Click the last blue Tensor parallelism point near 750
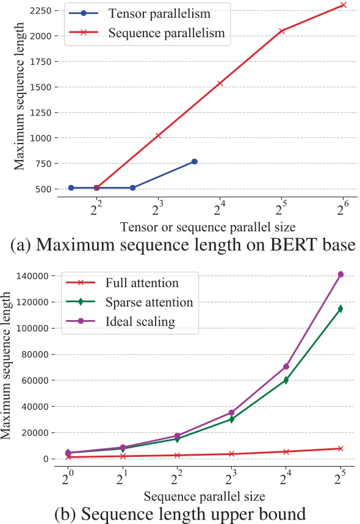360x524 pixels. coord(195,161)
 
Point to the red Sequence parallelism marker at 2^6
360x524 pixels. coord(344,5)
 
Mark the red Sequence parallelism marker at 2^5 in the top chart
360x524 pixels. coord(282,31)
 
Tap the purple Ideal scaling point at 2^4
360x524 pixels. coord(286,366)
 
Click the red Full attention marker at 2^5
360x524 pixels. coord(341,448)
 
